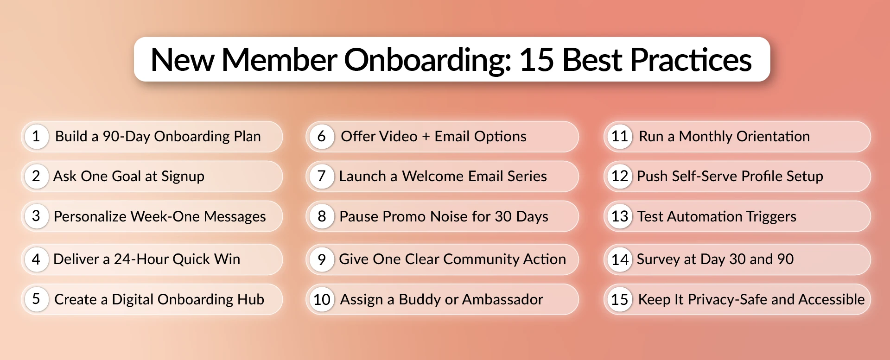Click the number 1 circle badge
coord(36,136)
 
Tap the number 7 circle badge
coord(321,177)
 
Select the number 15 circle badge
coord(619,299)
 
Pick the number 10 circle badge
coord(321,299)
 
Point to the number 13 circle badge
coord(619,216)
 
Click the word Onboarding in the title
coord(427,60)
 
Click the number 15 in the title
coord(537,60)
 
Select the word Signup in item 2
coord(183,177)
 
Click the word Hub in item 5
coord(251,299)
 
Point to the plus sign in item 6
coord(426,137)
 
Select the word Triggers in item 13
coord(771,216)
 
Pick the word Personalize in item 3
coord(90,216)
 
